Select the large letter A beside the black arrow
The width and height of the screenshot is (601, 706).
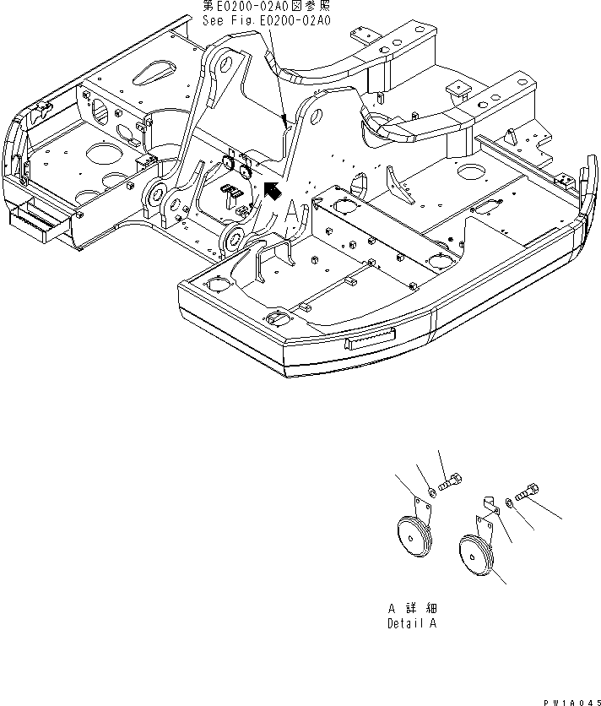point(291,210)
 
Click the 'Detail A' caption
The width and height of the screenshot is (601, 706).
point(412,624)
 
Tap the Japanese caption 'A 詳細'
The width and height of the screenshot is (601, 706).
point(412,608)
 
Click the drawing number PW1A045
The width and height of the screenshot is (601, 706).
point(569,700)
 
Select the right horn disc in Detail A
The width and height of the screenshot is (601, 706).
point(474,557)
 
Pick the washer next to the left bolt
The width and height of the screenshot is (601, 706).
point(431,491)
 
